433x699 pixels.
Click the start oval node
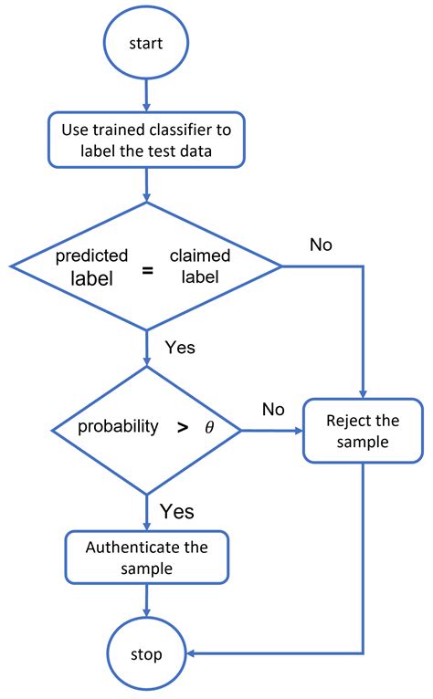click(146, 42)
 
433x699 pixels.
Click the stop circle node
click(146, 653)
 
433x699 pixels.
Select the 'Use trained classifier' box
click(146, 140)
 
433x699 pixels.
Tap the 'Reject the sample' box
click(364, 431)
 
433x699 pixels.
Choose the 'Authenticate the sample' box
click(146, 558)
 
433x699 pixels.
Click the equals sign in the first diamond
click(146, 268)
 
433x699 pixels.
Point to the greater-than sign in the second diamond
click(182, 427)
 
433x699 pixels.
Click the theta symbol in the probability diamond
click(209, 427)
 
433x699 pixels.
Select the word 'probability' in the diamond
click(117, 427)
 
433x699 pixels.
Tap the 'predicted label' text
click(92, 267)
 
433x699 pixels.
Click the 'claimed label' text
click(200, 267)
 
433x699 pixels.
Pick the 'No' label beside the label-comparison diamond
click(321, 245)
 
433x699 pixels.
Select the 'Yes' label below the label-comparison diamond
click(179, 348)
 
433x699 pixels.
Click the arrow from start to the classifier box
click(146, 93)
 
